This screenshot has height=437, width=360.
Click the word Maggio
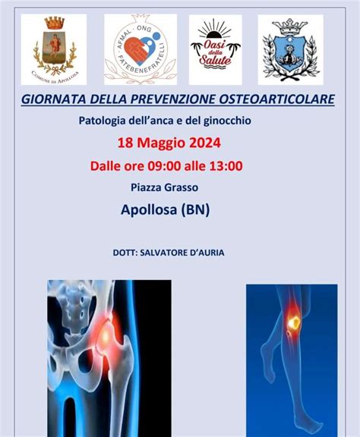click(169, 142)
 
